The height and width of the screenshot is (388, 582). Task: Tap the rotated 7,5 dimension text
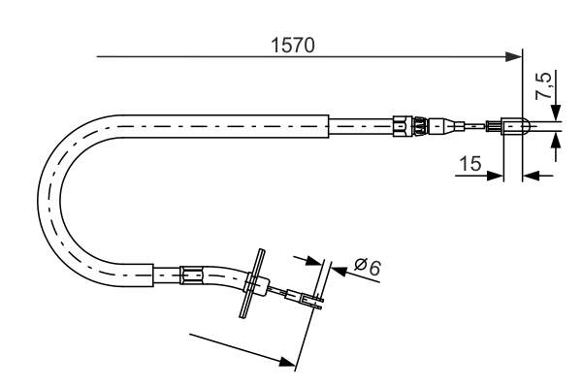click(545, 88)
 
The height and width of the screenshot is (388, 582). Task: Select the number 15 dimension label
click(470, 165)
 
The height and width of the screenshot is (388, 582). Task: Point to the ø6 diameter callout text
click(367, 264)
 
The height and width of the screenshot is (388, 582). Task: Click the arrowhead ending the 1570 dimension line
click(515, 58)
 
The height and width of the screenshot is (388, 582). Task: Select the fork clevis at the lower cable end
click(311, 301)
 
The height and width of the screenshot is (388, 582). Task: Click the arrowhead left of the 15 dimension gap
click(498, 176)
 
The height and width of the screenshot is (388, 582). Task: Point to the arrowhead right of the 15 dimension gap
click(529, 176)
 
